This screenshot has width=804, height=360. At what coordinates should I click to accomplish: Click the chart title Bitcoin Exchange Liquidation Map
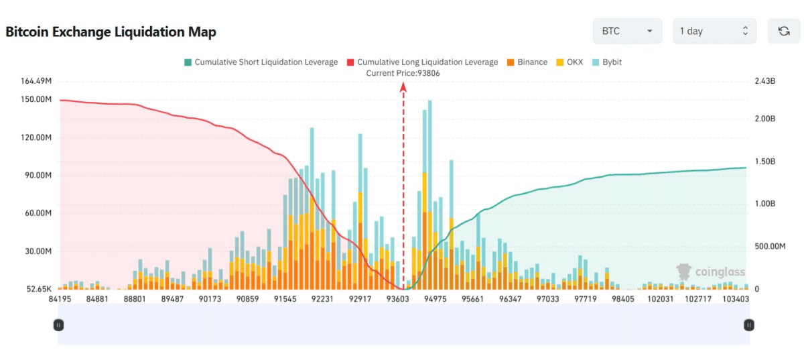[x=111, y=32]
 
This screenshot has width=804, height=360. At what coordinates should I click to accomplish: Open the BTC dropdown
[x=627, y=32]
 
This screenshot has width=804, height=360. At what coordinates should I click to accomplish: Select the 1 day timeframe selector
[x=714, y=32]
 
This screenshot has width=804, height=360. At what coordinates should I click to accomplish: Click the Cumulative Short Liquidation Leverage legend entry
[x=261, y=62]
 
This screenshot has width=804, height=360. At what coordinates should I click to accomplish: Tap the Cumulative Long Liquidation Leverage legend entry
[x=422, y=62]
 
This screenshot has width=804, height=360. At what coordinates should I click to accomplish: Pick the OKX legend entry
[x=569, y=62]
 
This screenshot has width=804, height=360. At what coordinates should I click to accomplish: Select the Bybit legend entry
[x=606, y=62]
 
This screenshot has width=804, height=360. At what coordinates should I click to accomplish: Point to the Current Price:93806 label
[x=403, y=73]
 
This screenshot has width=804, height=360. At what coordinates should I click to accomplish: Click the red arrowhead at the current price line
[x=403, y=86]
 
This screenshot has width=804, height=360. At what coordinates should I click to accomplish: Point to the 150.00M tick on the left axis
[x=37, y=100]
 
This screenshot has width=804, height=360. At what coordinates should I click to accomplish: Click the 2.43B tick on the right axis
[x=764, y=81]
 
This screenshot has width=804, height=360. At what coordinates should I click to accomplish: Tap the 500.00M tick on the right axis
[x=770, y=247]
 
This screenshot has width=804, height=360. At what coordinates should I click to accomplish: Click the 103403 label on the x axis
[x=736, y=299]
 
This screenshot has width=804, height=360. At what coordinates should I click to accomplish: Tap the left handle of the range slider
[x=59, y=325]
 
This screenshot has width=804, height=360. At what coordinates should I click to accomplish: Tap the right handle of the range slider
[x=749, y=325]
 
